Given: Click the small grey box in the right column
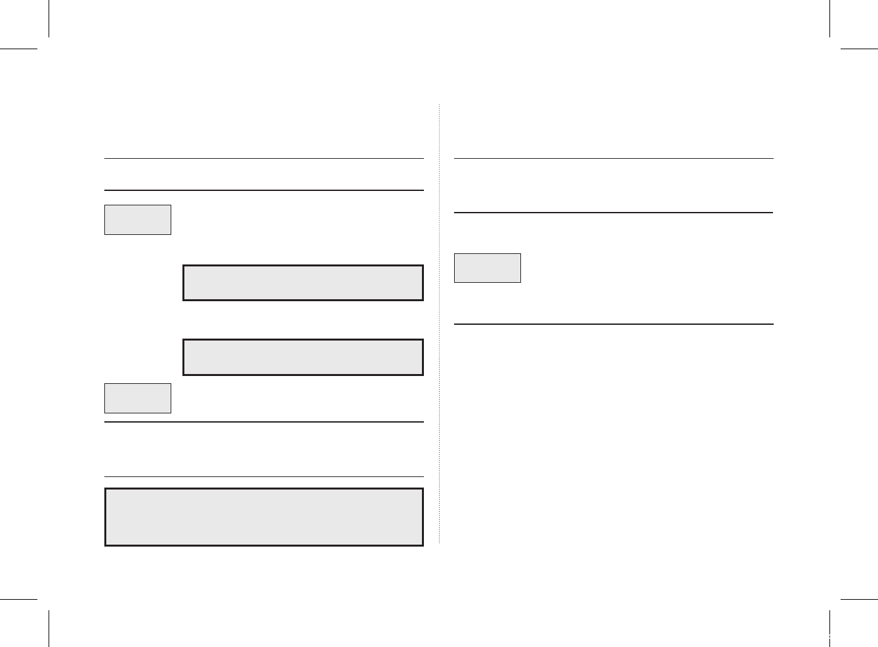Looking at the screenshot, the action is click(x=488, y=268).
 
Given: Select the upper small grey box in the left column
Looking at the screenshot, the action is click(x=138, y=220).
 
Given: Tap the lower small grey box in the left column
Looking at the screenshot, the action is click(x=138, y=398).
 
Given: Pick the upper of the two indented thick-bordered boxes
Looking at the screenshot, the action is click(x=303, y=283).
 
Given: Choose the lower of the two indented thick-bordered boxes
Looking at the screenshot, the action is click(x=303, y=358).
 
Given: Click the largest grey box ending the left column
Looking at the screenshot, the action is click(x=264, y=517).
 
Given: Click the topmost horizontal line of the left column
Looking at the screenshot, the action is click(x=264, y=158).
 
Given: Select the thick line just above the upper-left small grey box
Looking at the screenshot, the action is click(x=264, y=190).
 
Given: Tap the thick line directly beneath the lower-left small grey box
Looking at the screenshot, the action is click(x=264, y=422).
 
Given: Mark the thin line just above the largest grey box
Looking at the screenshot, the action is click(x=264, y=476).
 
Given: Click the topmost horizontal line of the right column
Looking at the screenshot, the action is click(x=614, y=158).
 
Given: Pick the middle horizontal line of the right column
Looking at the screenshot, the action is click(x=614, y=213).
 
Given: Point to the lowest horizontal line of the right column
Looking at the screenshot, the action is click(x=614, y=324).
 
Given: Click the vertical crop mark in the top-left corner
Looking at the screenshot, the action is click(x=49, y=18).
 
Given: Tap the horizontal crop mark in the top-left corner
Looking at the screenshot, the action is click(x=18, y=49).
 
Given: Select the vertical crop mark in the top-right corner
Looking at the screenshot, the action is click(x=829, y=18).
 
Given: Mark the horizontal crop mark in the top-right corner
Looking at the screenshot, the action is click(x=859, y=49).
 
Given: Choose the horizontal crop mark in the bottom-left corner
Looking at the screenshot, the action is click(x=18, y=598).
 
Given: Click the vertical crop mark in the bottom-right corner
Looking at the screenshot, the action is click(x=829, y=629).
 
